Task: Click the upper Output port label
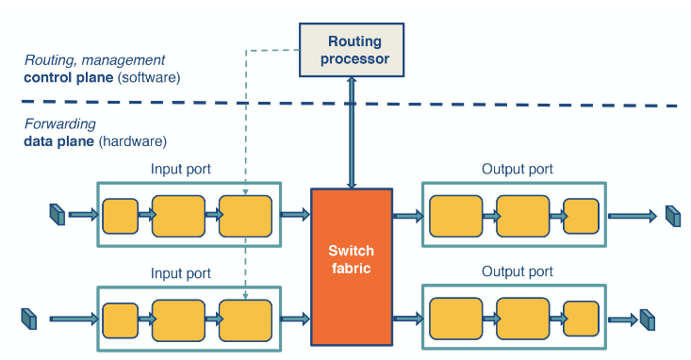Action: [x=517, y=170]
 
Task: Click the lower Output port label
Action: [x=517, y=273]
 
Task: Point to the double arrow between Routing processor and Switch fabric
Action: [x=352, y=132]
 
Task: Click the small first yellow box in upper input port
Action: [x=120, y=216]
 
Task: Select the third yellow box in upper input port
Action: [x=245, y=216]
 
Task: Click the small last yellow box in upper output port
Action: [x=581, y=216]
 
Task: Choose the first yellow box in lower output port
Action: [x=455, y=319]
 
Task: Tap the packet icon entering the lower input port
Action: [x=27, y=319]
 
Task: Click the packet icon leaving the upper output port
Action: [x=672, y=216]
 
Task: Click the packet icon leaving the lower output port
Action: [x=647, y=319]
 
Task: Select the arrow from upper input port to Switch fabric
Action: [x=295, y=216]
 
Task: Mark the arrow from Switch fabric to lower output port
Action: [x=407, y=319]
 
